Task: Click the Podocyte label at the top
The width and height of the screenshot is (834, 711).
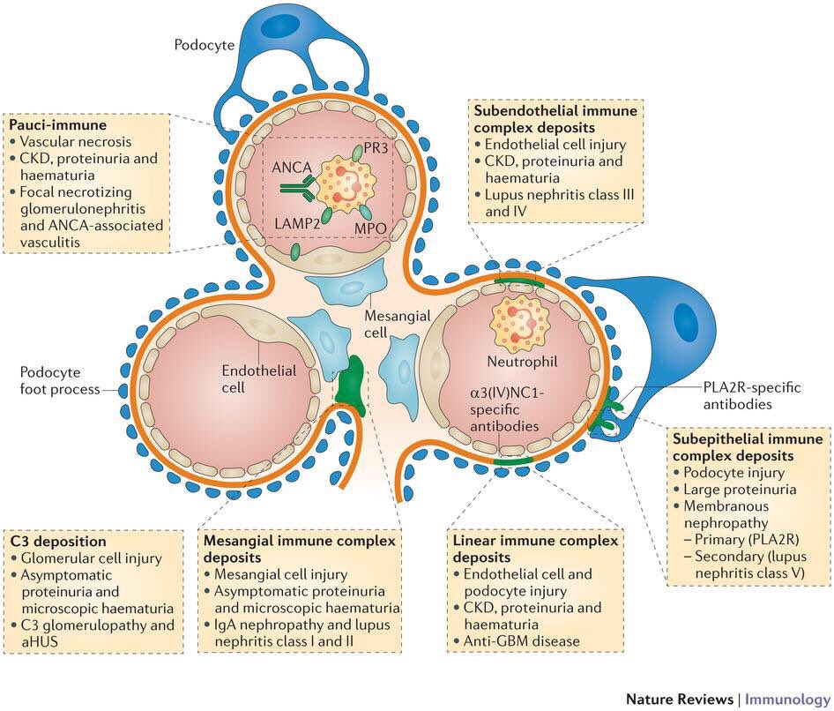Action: point(205,45)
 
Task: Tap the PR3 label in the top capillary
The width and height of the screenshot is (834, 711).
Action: point(376,148)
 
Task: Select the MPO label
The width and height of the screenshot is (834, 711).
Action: point(370,228)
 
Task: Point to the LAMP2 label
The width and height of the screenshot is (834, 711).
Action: point(297,223)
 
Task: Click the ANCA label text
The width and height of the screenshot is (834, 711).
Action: point(292,168)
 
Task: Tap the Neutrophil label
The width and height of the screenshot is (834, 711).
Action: point(522,362)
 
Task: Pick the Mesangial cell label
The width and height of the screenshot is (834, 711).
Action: point(398,324)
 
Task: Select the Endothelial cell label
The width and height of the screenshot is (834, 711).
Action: point(259,378)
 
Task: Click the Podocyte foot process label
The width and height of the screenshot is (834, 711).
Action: point(60,380)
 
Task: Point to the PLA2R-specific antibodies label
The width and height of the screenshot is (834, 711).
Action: point(751,395)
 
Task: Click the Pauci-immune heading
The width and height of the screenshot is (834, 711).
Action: point(58,124)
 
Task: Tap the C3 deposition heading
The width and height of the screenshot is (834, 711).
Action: point(58,542)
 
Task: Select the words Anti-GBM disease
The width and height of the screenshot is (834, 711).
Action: point(521,640)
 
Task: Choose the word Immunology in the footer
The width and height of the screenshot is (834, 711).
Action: point(787,699)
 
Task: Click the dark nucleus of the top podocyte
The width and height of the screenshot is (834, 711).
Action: point(279,26)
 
